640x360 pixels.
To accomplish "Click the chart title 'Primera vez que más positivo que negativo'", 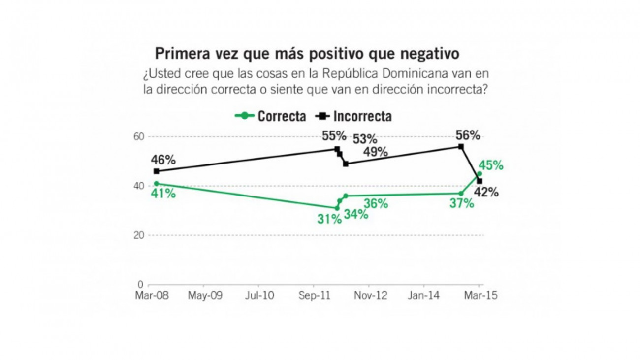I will click(x=307, y=53).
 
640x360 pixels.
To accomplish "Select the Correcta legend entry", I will click(x=271, y=116).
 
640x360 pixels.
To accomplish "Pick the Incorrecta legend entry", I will click(x=354, y=116).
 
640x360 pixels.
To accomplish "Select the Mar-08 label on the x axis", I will click(x=150, y=296).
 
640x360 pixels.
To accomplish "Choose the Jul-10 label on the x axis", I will click(x=260, y=296).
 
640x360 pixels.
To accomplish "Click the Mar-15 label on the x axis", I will click(x=481, y=296).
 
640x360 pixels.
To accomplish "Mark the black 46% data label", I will click(x=163, y=160).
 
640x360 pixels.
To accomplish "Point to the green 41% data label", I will click(x=163, y=194).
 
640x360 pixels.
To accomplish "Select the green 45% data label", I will click(x=491, y=166).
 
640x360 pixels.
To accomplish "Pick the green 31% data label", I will click(x=329, y=219).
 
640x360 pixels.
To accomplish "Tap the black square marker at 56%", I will click(x=461, y=146).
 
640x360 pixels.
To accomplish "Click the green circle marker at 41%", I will click(x=156, y=183).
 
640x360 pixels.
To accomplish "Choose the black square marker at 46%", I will click(x=156, y=171).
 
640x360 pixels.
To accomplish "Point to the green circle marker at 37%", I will click(x=461, y=193).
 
